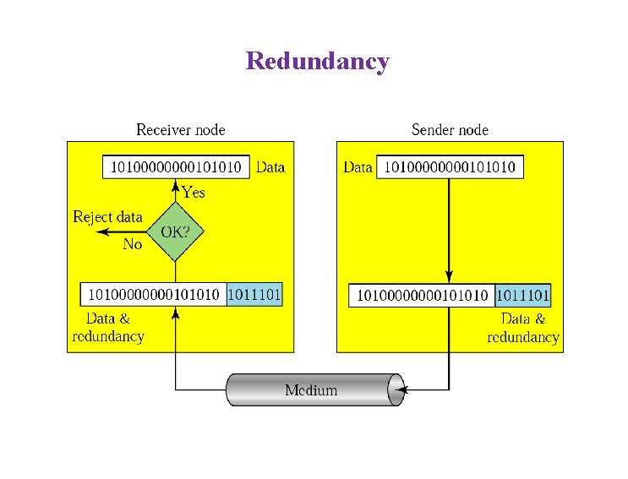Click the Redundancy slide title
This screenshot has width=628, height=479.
[x=317, y=62]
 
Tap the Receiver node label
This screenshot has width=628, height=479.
[x=181, y=130]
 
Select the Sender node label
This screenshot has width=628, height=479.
[x=450, y=130]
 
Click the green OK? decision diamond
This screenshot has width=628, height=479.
[x=175, y=231]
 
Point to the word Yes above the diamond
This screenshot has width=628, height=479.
[x=194, y=193]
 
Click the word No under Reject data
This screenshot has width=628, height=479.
[x=133, y=244]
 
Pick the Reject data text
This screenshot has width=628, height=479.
[x=108, y=217]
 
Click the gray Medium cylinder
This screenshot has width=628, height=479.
[x=311, y=389]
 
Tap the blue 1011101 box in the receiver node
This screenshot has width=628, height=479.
[x=254, y=295]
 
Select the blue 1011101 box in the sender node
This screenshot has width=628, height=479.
[x=522, y=296]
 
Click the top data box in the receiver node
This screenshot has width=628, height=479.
[x=177, y=167]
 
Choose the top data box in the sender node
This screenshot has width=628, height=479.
[x=450, y=167]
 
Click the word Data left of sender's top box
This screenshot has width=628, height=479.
[x=358, y=167]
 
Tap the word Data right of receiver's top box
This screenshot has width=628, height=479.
[x=270, y=167]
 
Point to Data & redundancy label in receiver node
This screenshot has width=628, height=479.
[x=108, y=328]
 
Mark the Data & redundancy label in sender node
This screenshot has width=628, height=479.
[x=523, y=328]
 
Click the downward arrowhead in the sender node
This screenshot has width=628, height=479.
[x=449, y=277]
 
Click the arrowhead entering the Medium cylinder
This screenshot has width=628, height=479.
[x=402, y=389]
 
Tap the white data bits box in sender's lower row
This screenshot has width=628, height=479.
[x=422, y=296]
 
